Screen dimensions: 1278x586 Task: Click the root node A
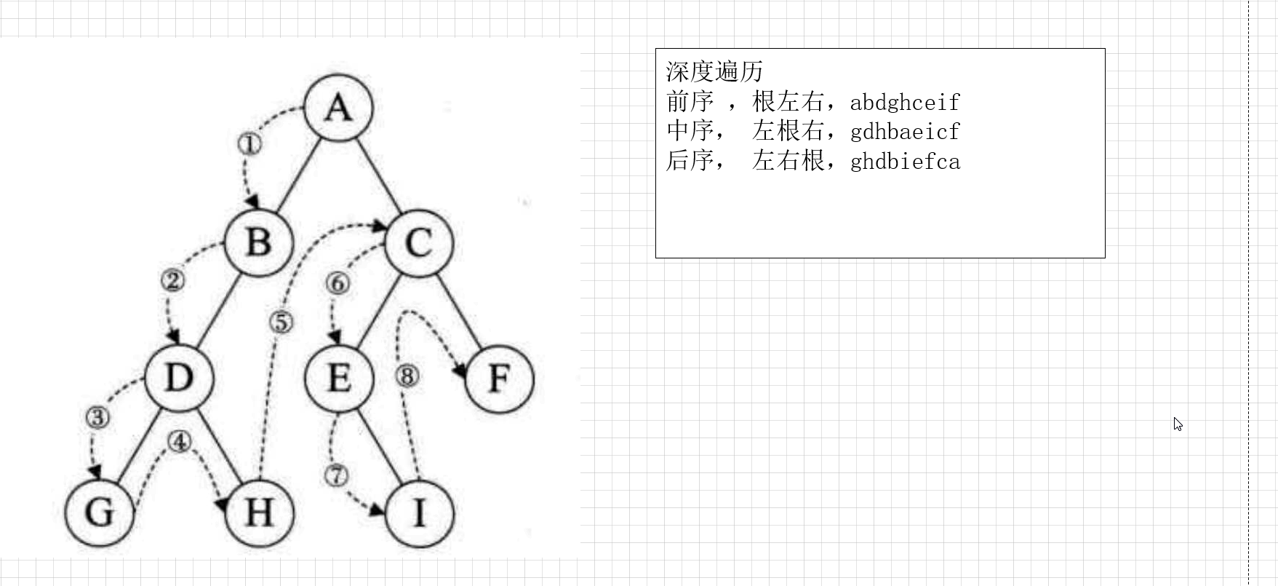pyautogui.click(x=338, y=108)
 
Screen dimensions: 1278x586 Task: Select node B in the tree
pyautogui.click(x=258, y=242)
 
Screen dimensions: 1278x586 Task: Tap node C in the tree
pyautogui.click(x=418, y=242)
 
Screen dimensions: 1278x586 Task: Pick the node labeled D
pyautogui.click(x=178, y=378)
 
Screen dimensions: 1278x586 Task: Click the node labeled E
pyautogui.click(x=339, y=378)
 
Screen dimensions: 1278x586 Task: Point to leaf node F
pyautogui.click(x=499, y=378)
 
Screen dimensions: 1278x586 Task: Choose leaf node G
pyautogui.click(x=99, y=512)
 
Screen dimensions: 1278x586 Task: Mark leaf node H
pyautogui.click(x=259, y=512)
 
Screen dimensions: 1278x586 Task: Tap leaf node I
pyautogui.click(x=419, y=512)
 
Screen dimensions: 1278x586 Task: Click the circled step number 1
pyautogui.click(x=249, y=144)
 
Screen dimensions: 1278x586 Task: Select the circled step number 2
pyautogui.click(x=172, y=280)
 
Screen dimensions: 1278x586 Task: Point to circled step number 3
pyautogui.click(x=97, y=417)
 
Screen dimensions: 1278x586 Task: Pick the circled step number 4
pyautogui.click(x=179, y=441)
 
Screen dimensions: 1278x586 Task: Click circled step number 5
pyautogui.click(x=281, y=322)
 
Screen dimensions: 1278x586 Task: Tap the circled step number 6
pyautogui.click(x=337, y=283)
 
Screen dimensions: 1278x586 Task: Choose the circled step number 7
pyautogui.click(x=335, y=475)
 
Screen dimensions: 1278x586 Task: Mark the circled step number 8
pyautogui.click(x=407, y=376)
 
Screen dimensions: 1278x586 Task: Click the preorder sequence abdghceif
pyautogui.click(x=905, y=102)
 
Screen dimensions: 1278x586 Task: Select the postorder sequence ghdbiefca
pyautogui.click(x=905, y=161)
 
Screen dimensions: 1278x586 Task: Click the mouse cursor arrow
pyautogui.click(x=1178, y=424)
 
